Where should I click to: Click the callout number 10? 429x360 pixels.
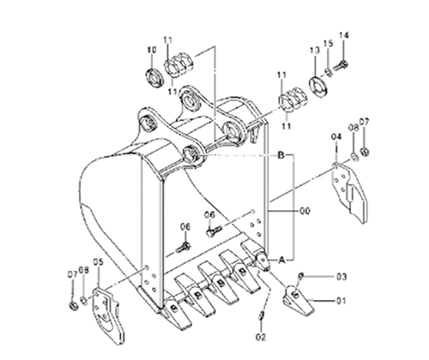152,50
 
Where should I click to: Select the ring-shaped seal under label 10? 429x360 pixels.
154,77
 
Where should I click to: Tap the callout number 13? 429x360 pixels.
314,51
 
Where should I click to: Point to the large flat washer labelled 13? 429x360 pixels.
318,86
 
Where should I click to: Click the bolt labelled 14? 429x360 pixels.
341,66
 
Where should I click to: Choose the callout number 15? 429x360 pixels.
329,44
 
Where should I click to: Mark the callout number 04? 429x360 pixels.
336,136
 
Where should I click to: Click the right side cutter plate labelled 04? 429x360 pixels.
349,192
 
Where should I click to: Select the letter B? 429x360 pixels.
281,155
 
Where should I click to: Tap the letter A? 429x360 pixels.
281,260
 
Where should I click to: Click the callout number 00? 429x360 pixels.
305,211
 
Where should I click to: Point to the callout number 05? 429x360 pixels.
99,261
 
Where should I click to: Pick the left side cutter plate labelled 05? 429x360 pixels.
108,315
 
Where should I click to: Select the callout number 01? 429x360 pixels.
341,301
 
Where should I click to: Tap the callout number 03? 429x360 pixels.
341,277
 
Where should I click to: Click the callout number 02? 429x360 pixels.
261,337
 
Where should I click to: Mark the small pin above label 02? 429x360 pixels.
262,316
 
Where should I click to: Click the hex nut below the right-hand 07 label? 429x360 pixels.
365,152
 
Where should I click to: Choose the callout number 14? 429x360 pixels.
344,35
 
